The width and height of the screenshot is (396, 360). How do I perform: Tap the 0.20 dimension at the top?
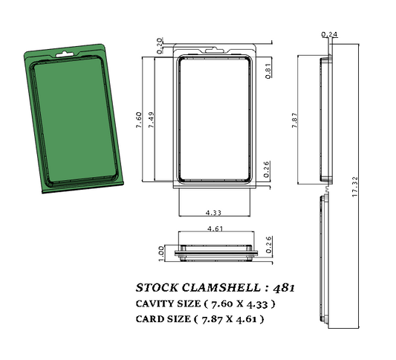coord(159,45)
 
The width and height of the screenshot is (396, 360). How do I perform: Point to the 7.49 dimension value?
coord(151,120)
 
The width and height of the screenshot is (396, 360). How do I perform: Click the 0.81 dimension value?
coord(267,70)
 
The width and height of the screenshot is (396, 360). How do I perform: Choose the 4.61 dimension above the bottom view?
coord(216,229)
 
